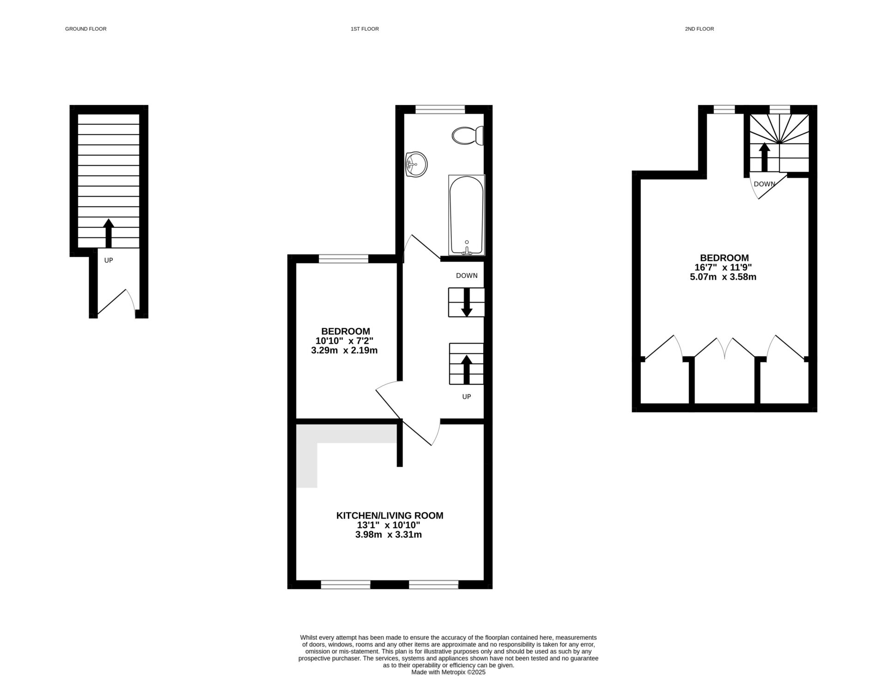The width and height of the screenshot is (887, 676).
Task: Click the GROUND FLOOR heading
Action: [85, 29]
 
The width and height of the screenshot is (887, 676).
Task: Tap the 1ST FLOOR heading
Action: [365, 29]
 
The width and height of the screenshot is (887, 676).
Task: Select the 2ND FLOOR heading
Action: [699, 29]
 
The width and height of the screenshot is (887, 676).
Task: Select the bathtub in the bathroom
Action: [466, 215]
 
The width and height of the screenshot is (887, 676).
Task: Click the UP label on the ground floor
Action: [109, 260]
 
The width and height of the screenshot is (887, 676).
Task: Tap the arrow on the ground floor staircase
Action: [109, 233]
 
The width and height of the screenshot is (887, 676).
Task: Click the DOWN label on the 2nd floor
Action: [764, 184]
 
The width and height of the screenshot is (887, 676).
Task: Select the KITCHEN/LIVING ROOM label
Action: [389, 515]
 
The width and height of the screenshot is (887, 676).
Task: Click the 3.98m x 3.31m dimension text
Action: [388, 535]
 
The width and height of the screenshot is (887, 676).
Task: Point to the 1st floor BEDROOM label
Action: [346, 331]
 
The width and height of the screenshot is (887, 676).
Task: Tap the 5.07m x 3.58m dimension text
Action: [723, 277]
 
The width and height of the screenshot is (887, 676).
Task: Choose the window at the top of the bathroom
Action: [440, 109]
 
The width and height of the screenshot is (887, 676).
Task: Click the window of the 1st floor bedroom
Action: [344, 259]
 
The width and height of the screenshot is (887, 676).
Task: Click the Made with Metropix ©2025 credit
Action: [448, 672]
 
